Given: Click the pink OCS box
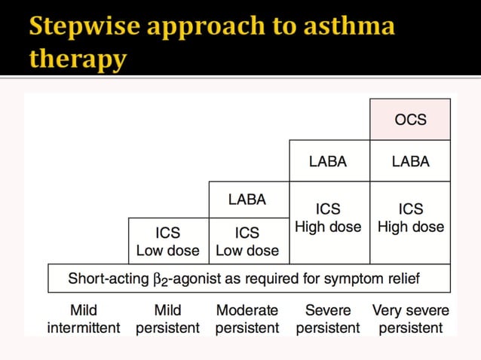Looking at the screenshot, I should point(410,119).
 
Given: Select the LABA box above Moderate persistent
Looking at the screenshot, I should point(247,200).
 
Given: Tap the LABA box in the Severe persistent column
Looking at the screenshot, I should point(329,161).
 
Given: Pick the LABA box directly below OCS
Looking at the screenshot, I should point(410,161).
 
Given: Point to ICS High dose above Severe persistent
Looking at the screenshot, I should point(329,218).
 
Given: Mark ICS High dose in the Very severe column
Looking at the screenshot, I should point(410,218).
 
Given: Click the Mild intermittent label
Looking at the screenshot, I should point(83,319).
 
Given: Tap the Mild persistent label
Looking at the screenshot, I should point(167,319).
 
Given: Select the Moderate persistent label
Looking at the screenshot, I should point(247,319).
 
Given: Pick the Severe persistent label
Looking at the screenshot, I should point(328,319).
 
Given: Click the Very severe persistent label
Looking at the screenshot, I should point(410,319).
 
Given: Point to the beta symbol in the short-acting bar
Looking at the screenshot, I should point(158,279).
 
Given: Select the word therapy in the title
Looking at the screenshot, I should point(78,59).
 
